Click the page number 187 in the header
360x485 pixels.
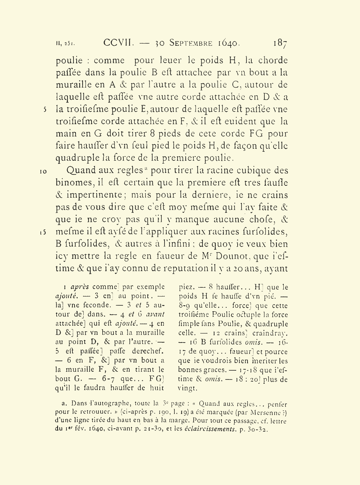(280, 43)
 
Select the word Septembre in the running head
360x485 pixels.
(191, 43)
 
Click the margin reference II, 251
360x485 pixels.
(65, 44)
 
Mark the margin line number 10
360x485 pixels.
(43, 172)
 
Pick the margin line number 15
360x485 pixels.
(43, 232)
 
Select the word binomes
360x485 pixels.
(74, 183)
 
